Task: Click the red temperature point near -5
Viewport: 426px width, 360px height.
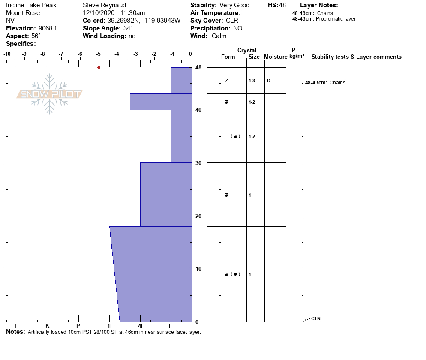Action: [x=99, y=67]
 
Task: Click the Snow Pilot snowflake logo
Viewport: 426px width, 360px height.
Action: [x=50, y=94]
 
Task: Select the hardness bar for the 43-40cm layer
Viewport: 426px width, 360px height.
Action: [x=160, y=102]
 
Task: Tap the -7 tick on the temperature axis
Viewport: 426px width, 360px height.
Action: [x=61, y=54]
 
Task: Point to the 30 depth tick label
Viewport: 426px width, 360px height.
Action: [x=198, y=163]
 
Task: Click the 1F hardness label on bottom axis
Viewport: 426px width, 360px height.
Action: [x=110, y=326]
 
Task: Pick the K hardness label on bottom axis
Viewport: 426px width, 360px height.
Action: [x=48, y=326]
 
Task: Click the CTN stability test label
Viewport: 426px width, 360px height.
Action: [x=315, y=318]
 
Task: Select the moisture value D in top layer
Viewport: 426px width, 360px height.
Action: [x=268, y=81]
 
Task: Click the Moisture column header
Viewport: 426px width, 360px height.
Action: [x=275, y=57]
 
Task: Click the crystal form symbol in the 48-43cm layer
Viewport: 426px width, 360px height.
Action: [x=226, y=81]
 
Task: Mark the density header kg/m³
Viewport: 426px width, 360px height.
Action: [x=296, y=56]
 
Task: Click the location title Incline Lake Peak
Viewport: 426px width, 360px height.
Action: [x=31, y=5]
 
